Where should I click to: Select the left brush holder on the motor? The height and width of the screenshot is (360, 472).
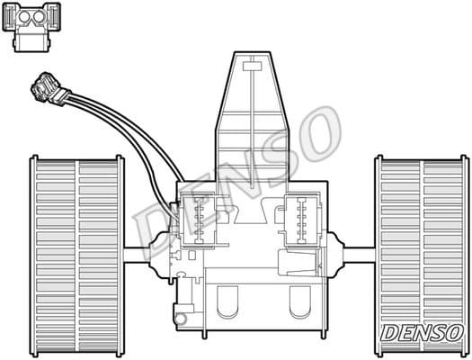coord(199,219)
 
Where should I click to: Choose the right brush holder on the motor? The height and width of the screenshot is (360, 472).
coord(298,219)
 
